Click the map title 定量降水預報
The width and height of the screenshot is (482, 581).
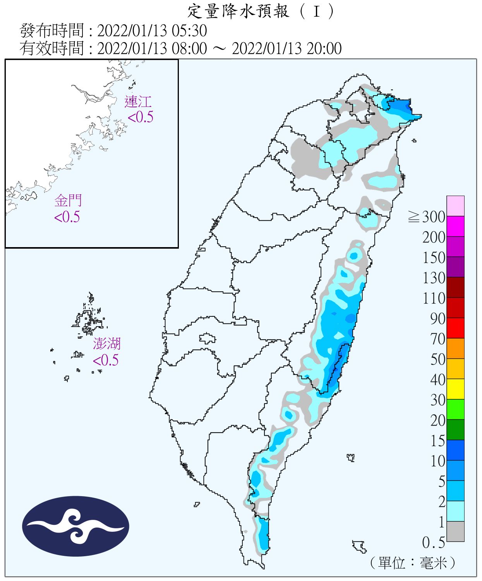238,12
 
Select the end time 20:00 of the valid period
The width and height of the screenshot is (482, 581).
324,49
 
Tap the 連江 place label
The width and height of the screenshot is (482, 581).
137,102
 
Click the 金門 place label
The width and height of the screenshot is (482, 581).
68,201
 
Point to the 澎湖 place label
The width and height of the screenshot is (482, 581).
106,344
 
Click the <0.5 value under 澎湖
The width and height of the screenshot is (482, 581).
106,360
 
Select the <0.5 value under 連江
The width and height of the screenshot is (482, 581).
140,117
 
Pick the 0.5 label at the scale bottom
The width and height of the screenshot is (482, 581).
433,543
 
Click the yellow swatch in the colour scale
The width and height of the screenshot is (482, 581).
455,389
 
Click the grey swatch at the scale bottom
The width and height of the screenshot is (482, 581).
455,531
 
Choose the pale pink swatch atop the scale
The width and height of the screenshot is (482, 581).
455,206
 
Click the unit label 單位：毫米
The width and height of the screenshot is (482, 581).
413,562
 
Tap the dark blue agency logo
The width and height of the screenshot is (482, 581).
75,526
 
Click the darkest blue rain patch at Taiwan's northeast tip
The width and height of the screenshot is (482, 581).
399,106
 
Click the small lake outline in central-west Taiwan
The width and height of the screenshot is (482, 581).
208,339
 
